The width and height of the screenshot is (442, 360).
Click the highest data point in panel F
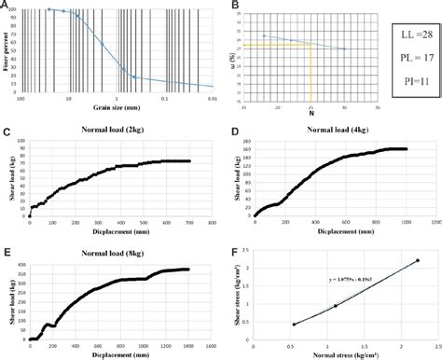coord(417,261)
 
